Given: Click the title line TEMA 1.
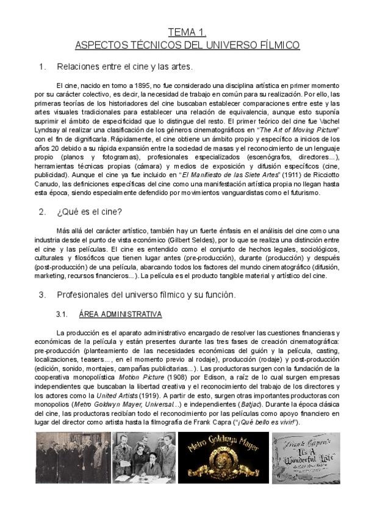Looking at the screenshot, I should tap(188, 33).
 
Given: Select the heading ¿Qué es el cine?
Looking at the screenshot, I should tap(90, 212).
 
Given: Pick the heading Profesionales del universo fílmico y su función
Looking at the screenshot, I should tap(146, 294).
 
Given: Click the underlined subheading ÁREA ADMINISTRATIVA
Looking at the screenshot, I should tap(120, 315).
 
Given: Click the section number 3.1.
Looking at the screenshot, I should tap(60, 315).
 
